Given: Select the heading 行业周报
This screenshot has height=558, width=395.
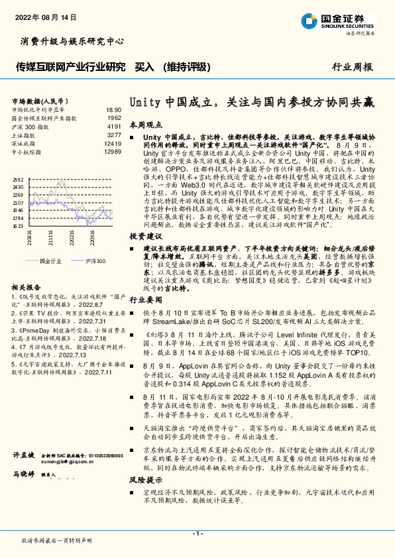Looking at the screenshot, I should pos(353,67).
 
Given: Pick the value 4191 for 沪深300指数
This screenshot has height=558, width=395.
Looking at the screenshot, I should pos(114,126).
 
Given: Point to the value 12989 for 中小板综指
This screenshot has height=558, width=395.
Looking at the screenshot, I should pos(113,152).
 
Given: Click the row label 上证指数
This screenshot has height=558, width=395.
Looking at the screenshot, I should pos(25,135).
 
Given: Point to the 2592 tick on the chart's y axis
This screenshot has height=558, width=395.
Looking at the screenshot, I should pos(18,180).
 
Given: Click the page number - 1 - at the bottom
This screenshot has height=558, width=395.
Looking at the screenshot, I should pos(197,533).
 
